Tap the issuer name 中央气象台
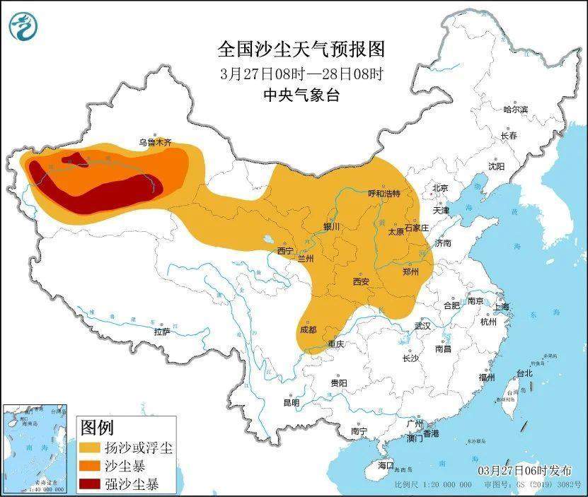[301, 95]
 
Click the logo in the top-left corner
[23, 26]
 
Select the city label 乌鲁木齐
[154, 142]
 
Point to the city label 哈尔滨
[515, 110]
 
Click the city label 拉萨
[162, 331]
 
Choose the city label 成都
[308, 329]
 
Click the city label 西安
[361, 281]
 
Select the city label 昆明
[291, 402]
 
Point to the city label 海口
[385, 466]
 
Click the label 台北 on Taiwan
[524, 373]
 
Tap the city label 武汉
[423, 326]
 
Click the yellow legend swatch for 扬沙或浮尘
[90, 448]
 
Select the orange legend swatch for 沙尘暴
[90, 466]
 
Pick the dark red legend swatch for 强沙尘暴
[90, 484]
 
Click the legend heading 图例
[96, 428]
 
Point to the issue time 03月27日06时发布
[521, 471]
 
